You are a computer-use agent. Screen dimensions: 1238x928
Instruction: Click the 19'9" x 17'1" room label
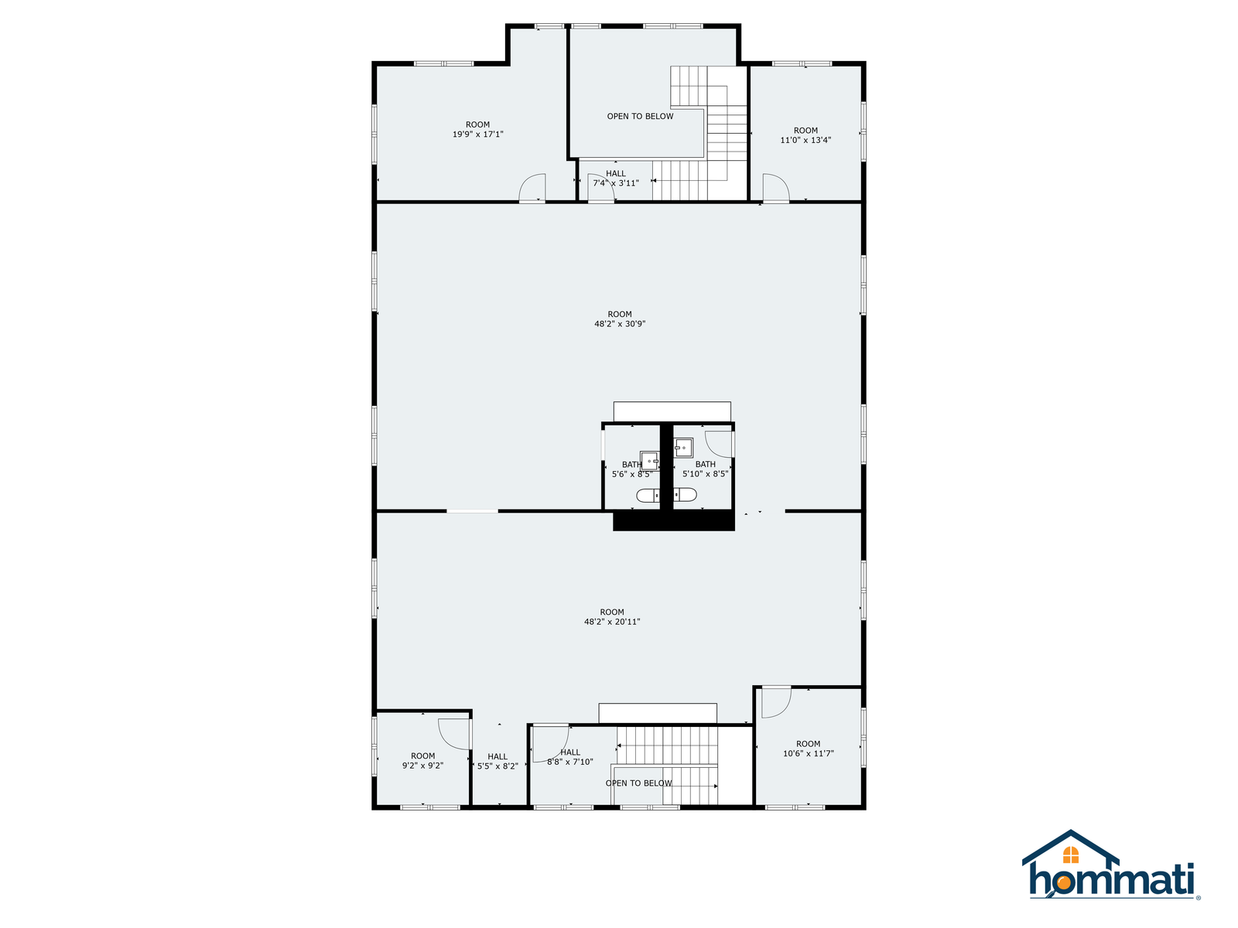[x=477, y=129]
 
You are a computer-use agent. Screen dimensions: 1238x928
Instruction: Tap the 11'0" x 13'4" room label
[x=805, y=135]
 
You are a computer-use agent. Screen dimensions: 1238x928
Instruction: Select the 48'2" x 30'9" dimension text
[x=619, y=324]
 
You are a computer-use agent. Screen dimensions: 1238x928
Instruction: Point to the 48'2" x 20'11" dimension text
[x=611, y=622]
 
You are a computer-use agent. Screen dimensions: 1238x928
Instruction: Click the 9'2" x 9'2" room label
[x=422, y=761]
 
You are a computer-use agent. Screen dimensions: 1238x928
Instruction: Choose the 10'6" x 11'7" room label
[x=808, y=749]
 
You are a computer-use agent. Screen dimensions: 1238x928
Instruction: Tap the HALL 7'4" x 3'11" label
[x=615, y=178]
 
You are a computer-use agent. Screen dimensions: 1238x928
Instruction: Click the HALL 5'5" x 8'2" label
[x=497, y=761]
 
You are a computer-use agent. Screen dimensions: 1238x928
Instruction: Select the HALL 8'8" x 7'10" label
[x=569, y=757]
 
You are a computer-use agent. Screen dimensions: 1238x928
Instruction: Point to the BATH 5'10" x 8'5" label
[x=704, y=469]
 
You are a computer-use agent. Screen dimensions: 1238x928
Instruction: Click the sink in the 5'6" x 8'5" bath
[x=648, y=460]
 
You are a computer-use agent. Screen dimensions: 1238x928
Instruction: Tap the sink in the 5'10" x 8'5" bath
[x=683, y=448]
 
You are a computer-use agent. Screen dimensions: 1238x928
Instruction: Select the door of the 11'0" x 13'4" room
[x=775, y=188]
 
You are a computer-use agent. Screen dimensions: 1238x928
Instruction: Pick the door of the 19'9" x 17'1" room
[x=532, y=188]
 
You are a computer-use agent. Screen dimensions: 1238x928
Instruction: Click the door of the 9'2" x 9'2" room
[x=454, y=734]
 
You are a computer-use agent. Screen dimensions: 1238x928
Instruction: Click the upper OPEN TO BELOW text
[x=640, y=116]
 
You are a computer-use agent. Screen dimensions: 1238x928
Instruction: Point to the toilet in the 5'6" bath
[x=648, y=495]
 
